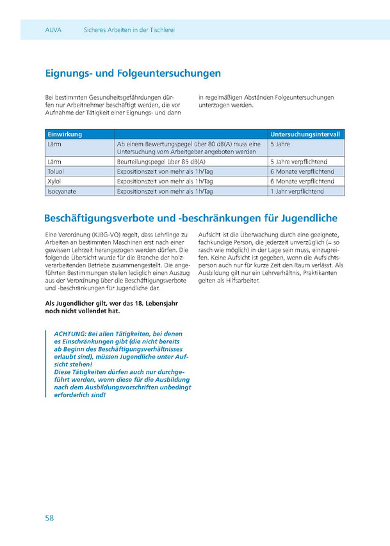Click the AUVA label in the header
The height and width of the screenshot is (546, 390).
tap(53, 30)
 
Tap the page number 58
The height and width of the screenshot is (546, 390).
tap(49, 517)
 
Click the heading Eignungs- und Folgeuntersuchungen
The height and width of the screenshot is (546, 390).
tap(133, 74)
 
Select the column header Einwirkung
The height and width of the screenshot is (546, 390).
tap(64, 134)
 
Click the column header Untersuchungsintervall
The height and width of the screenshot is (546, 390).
tap(305, 134)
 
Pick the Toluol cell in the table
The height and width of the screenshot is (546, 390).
tap(56, 171)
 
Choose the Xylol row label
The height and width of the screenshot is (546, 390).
tap(54, 181)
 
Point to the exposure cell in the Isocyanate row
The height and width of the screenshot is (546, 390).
tap(165, 191)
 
